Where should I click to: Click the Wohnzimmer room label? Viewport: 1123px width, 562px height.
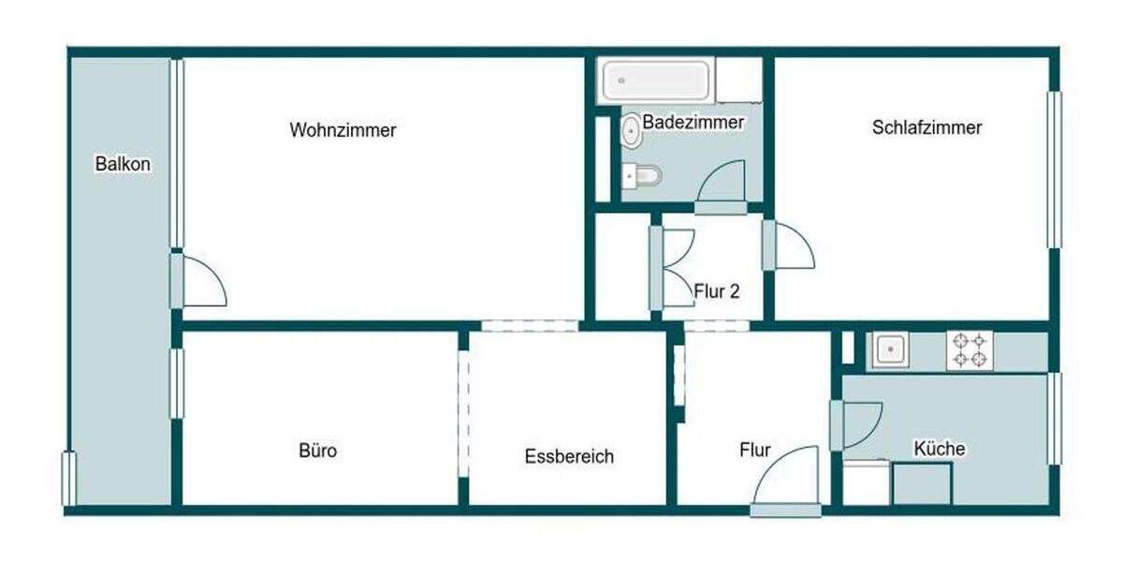tap(343, 130)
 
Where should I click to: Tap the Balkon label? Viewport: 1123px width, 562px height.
tap(123, 164)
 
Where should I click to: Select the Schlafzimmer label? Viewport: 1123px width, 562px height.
tap(926, 127)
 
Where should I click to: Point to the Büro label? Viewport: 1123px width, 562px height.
tap(317, 451)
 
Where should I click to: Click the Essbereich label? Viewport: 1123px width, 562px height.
tap(569, 456)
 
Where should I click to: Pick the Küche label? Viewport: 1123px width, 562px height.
tap(939, 449)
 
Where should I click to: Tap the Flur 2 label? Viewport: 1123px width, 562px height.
tap(717, 291)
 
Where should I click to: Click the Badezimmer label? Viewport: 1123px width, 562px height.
tap(693, 122)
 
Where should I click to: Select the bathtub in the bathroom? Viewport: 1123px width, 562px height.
tap(655, 81)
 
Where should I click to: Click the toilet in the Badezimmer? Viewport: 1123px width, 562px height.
tap(643, 175)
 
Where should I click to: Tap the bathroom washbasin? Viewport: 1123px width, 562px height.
tap(632, 130)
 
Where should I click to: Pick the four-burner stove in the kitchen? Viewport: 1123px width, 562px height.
tap(970, 350)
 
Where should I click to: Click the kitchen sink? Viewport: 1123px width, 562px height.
tap(890, 350)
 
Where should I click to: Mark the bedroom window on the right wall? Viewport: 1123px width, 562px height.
tap(1054, 169)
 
